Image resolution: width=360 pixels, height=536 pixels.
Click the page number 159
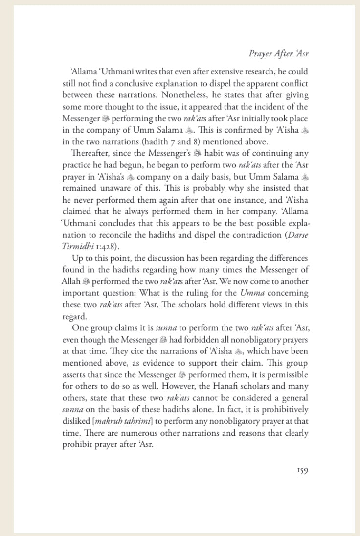[x=302, y=471]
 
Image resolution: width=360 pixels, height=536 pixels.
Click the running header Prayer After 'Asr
[x=279, y=54]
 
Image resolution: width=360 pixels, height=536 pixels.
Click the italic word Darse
[x=296, y=236]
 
